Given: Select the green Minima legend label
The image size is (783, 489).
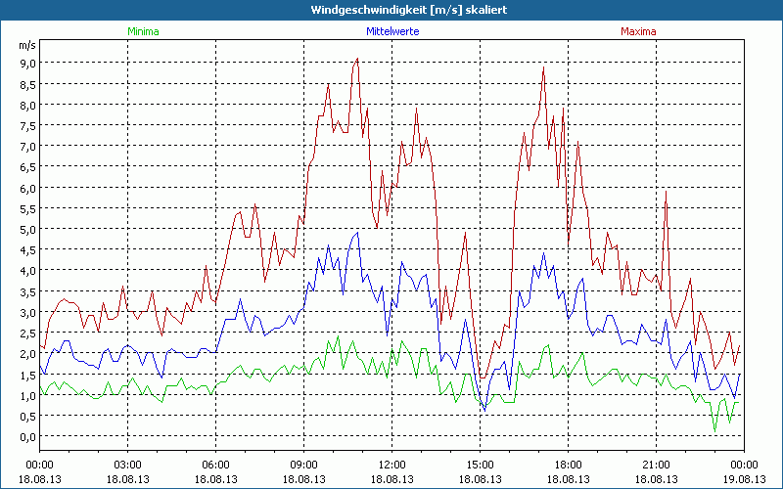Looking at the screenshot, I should coord(142,31).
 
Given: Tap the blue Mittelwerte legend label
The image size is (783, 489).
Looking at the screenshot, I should coord(392,31).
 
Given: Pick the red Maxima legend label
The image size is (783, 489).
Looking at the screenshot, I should coord(638,31).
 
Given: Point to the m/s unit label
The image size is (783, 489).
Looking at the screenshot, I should coord(26,45).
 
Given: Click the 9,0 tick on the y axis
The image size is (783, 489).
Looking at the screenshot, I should coord(26,63).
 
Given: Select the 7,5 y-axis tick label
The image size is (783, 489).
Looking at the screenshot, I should coord(26,125).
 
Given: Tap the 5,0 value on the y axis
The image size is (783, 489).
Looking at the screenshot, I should coord(26,229).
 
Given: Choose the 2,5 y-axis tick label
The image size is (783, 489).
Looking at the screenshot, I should coord(26,333).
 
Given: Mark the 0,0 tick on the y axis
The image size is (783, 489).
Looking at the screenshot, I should coord(26,436).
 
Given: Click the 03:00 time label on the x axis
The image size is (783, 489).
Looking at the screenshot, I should coord(128,465).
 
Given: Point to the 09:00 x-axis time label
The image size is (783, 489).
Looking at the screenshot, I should coord(304,465).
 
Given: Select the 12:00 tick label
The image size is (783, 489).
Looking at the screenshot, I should coord(392,465).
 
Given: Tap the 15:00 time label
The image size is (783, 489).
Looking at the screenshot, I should coord(481,465).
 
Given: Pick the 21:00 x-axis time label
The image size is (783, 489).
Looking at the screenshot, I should coord(657,465).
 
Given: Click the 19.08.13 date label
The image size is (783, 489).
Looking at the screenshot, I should coord(744,479).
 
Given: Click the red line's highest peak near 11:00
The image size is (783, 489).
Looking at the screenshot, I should coord(357,59).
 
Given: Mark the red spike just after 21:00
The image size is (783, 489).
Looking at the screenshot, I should coord(666,191).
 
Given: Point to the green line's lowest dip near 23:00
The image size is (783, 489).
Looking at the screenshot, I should coord(714,431).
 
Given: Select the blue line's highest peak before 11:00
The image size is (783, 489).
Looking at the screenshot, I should coord(357,232).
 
